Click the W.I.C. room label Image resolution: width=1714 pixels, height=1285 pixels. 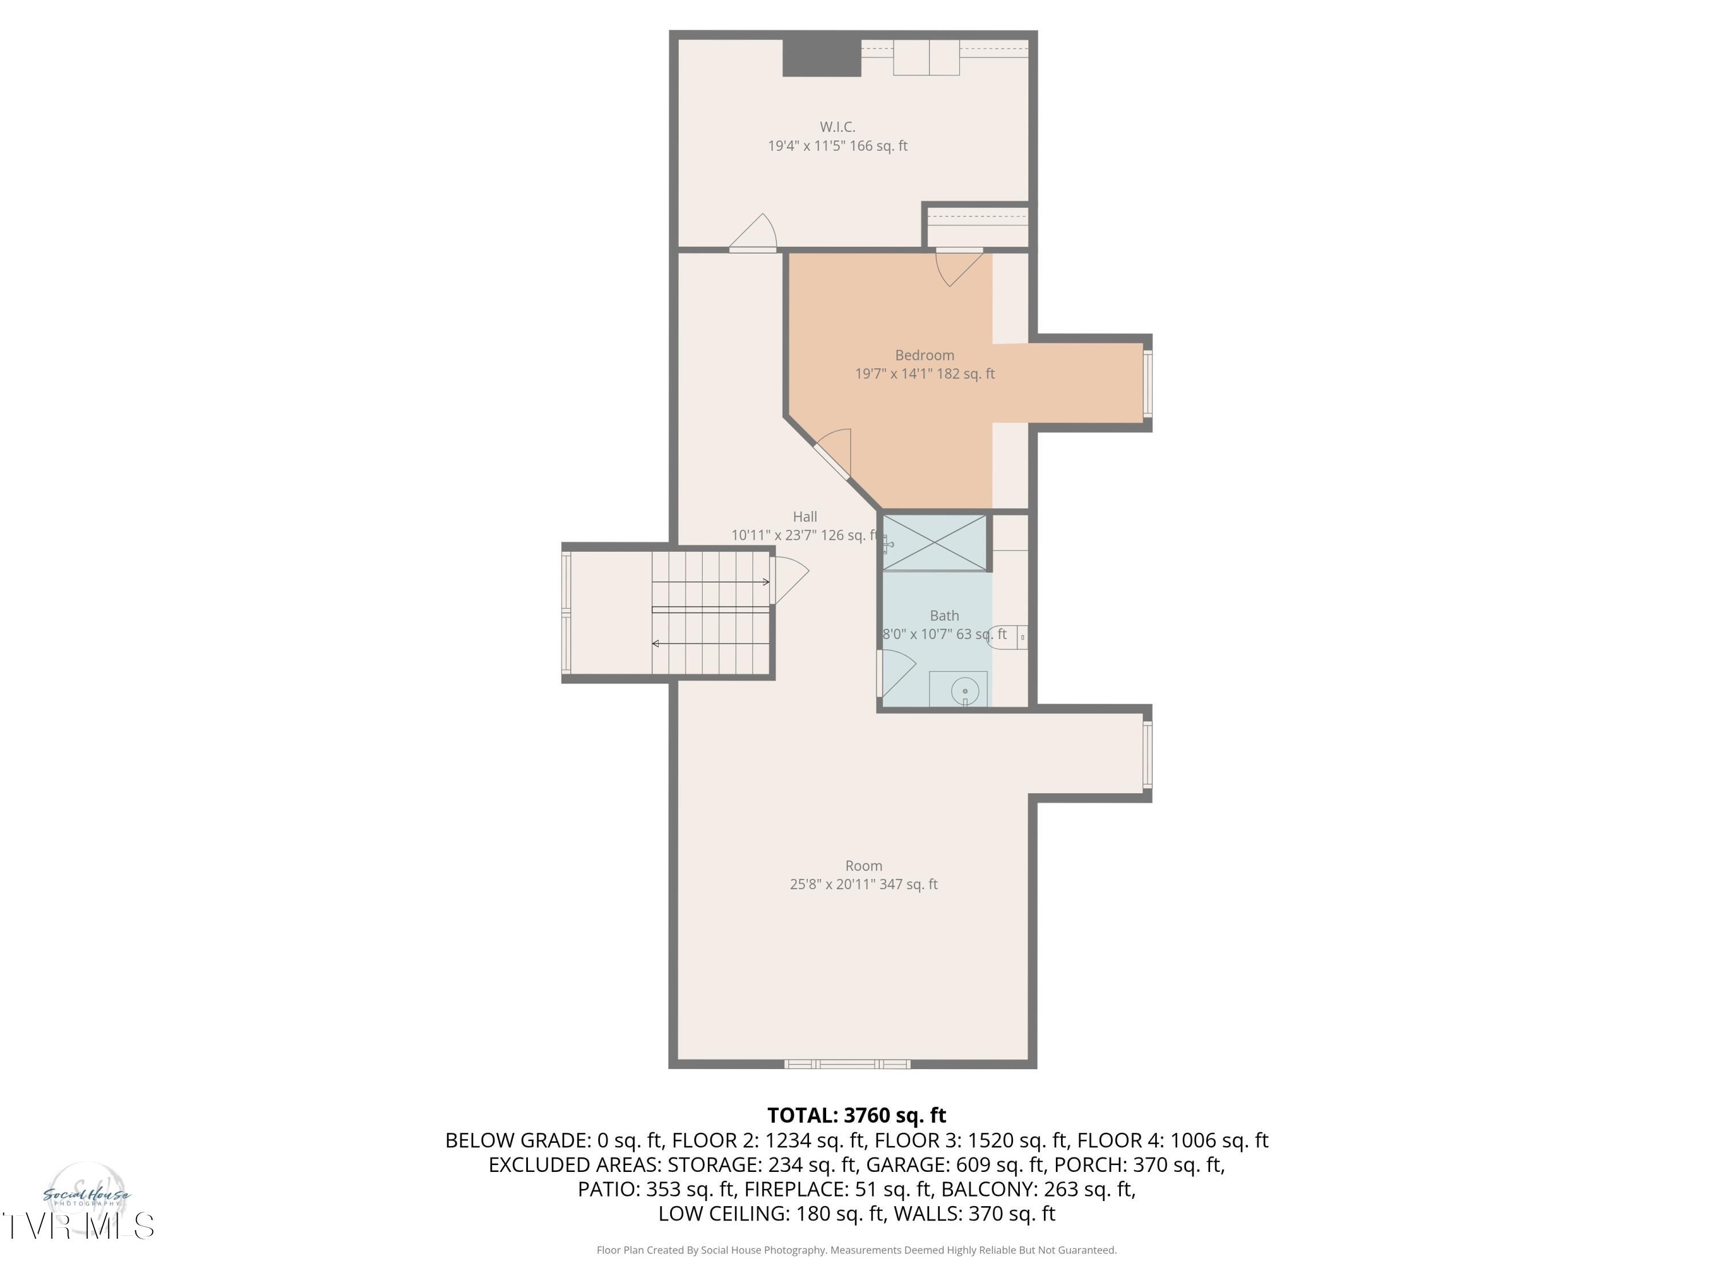click(x=837, y=126)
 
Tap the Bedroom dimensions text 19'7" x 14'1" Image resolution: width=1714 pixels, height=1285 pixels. click(x=924, y=374)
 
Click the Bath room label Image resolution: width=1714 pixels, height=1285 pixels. click(x=944, y=616)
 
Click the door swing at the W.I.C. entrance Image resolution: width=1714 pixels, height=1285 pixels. click(x=755, y=235)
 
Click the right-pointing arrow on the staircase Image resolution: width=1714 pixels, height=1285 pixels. click(x=765, y=582)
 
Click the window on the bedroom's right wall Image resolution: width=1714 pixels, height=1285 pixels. click(x=1148, y=383)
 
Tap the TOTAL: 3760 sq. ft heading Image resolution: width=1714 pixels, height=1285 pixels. click(x=856, y=1115)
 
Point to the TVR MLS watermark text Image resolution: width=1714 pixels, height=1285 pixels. click(x=78, y=1227)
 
